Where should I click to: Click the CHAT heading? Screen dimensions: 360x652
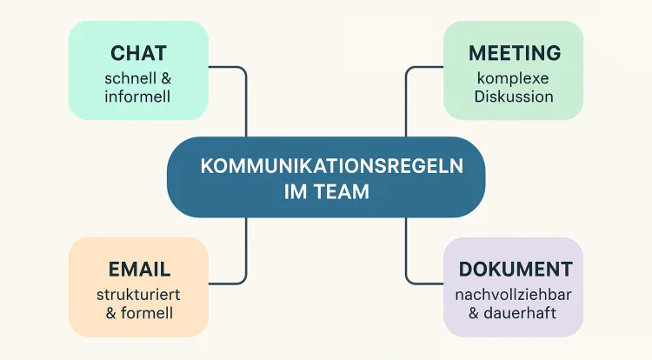tap(138, 54)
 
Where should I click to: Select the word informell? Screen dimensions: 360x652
tap(138, 96)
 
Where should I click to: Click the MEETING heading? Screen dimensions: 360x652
tap(514, 54)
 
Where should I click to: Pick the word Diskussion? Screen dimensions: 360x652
tap(514, 96)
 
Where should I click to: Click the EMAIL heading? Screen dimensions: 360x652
tap(139, 269)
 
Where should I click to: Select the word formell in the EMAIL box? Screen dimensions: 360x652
tap(147, 311)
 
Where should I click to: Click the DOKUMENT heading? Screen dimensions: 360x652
tap(514, 269)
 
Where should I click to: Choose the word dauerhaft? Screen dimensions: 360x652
tap(522, 311)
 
